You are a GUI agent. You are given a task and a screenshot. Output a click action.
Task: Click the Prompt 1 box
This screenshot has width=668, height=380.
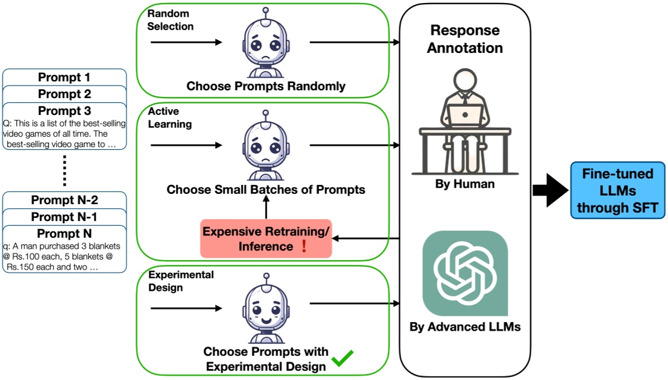64,77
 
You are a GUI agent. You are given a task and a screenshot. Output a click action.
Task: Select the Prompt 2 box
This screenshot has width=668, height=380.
64,94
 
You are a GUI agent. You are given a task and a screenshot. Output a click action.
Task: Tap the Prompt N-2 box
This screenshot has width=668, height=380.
64,200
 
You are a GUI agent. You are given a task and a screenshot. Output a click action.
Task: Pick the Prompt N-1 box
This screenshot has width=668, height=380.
64,216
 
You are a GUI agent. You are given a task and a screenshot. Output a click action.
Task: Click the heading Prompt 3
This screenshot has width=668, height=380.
64,111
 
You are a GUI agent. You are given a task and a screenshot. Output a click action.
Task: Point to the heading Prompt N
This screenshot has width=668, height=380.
64,233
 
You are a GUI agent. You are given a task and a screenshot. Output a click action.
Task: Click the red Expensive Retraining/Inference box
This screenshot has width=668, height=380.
266,239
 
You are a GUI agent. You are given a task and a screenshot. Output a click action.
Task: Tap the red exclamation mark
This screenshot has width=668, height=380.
304,247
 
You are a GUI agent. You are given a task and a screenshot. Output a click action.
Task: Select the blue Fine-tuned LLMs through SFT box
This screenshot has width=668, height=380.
617,190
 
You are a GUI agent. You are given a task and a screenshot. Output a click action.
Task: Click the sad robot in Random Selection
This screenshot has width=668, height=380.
266,45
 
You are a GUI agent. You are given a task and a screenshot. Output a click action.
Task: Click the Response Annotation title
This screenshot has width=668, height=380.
464,39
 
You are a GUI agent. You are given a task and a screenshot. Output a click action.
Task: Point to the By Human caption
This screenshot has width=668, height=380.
464,184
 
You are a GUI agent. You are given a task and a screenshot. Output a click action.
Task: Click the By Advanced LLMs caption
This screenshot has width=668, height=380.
464,328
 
